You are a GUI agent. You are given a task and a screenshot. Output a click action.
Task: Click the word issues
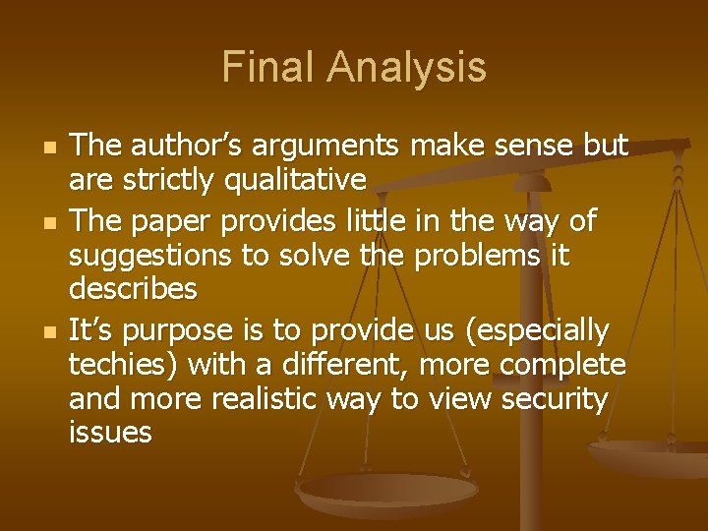tap(110, 434)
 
